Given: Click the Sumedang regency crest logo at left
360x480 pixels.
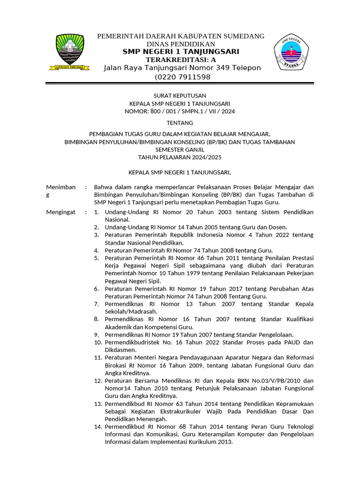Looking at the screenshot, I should click(70, 52).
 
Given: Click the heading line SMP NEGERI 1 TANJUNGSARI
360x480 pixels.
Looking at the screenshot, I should click(180, 52).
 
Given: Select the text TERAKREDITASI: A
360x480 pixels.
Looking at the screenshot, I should click(180, 60).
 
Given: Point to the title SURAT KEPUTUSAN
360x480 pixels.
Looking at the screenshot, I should click(180, 96).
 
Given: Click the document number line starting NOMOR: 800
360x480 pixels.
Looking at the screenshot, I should click(180, 112).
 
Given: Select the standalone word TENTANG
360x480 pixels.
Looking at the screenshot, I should click(180, 123).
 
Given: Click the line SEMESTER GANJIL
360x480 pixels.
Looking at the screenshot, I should click(180, 150).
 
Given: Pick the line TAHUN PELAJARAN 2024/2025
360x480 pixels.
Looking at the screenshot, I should click(180, 157).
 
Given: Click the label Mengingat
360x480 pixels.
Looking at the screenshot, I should click(60, 212).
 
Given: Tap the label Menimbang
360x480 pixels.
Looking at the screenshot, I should click(60, 190).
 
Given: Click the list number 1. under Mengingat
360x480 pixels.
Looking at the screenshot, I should click(97, 212).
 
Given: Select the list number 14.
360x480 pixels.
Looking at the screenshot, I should click(97, 427).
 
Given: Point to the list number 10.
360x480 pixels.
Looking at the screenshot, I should click(97, 342).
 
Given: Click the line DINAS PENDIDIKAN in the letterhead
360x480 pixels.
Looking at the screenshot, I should click(180, 44).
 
